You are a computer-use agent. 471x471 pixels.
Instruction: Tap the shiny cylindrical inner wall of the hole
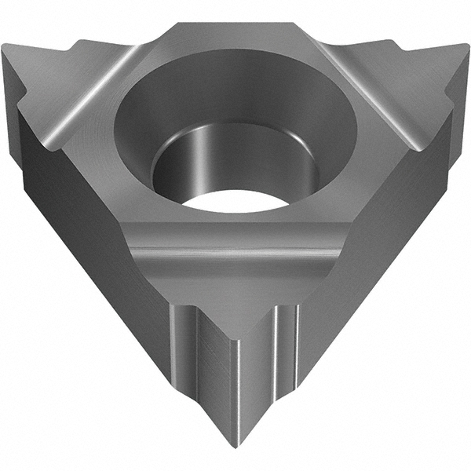click(235, 161)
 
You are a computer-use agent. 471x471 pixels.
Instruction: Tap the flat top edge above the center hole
click(235, 31)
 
